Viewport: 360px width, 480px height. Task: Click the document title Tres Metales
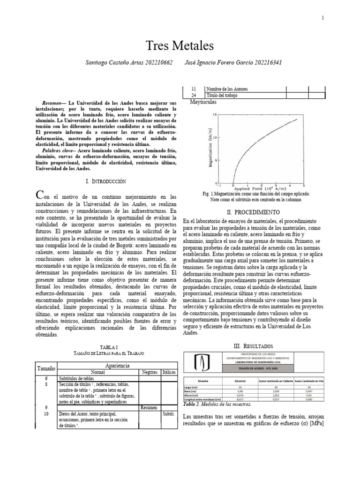point(180,46)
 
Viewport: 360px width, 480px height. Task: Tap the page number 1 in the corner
point(322,18)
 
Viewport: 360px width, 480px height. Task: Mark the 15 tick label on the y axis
point(215,114)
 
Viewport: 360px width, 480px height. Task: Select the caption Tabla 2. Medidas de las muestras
point(217,404)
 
